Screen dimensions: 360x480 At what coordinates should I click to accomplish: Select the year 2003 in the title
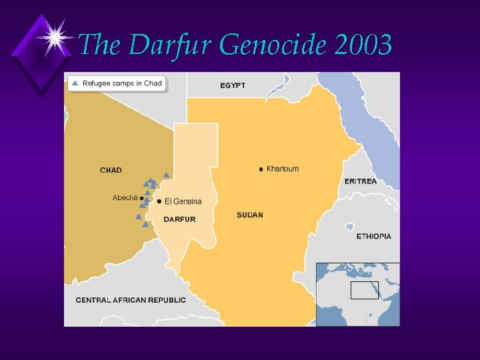point(363,45)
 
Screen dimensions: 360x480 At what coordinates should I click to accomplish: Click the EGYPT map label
point(233,85)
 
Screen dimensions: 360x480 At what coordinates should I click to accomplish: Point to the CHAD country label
point(111,170)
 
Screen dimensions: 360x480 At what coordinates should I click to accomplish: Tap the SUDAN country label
point(250,215)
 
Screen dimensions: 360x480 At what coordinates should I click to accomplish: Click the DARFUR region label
point(180,219)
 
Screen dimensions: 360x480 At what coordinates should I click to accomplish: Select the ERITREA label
point(361,181)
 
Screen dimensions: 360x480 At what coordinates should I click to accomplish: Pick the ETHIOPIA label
point(373,237)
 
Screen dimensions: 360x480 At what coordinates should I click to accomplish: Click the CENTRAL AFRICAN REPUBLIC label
point(131,300)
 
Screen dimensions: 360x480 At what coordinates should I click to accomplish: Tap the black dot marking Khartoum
point(261,169)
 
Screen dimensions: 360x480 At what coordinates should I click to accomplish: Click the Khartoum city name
point(283,169)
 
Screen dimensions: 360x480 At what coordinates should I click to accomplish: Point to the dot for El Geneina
point(159,201)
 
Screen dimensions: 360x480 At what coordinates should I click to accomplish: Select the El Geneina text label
point(183,201)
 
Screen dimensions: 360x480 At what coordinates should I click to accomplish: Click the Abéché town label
point(125,197)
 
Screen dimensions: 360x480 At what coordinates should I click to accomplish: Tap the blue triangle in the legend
point(75,83)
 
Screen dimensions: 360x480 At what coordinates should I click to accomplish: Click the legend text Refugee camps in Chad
point(122,84)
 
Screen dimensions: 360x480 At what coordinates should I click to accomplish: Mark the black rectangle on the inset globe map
point(365,290)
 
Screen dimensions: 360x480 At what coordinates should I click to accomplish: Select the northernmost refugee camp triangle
point(166,175)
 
